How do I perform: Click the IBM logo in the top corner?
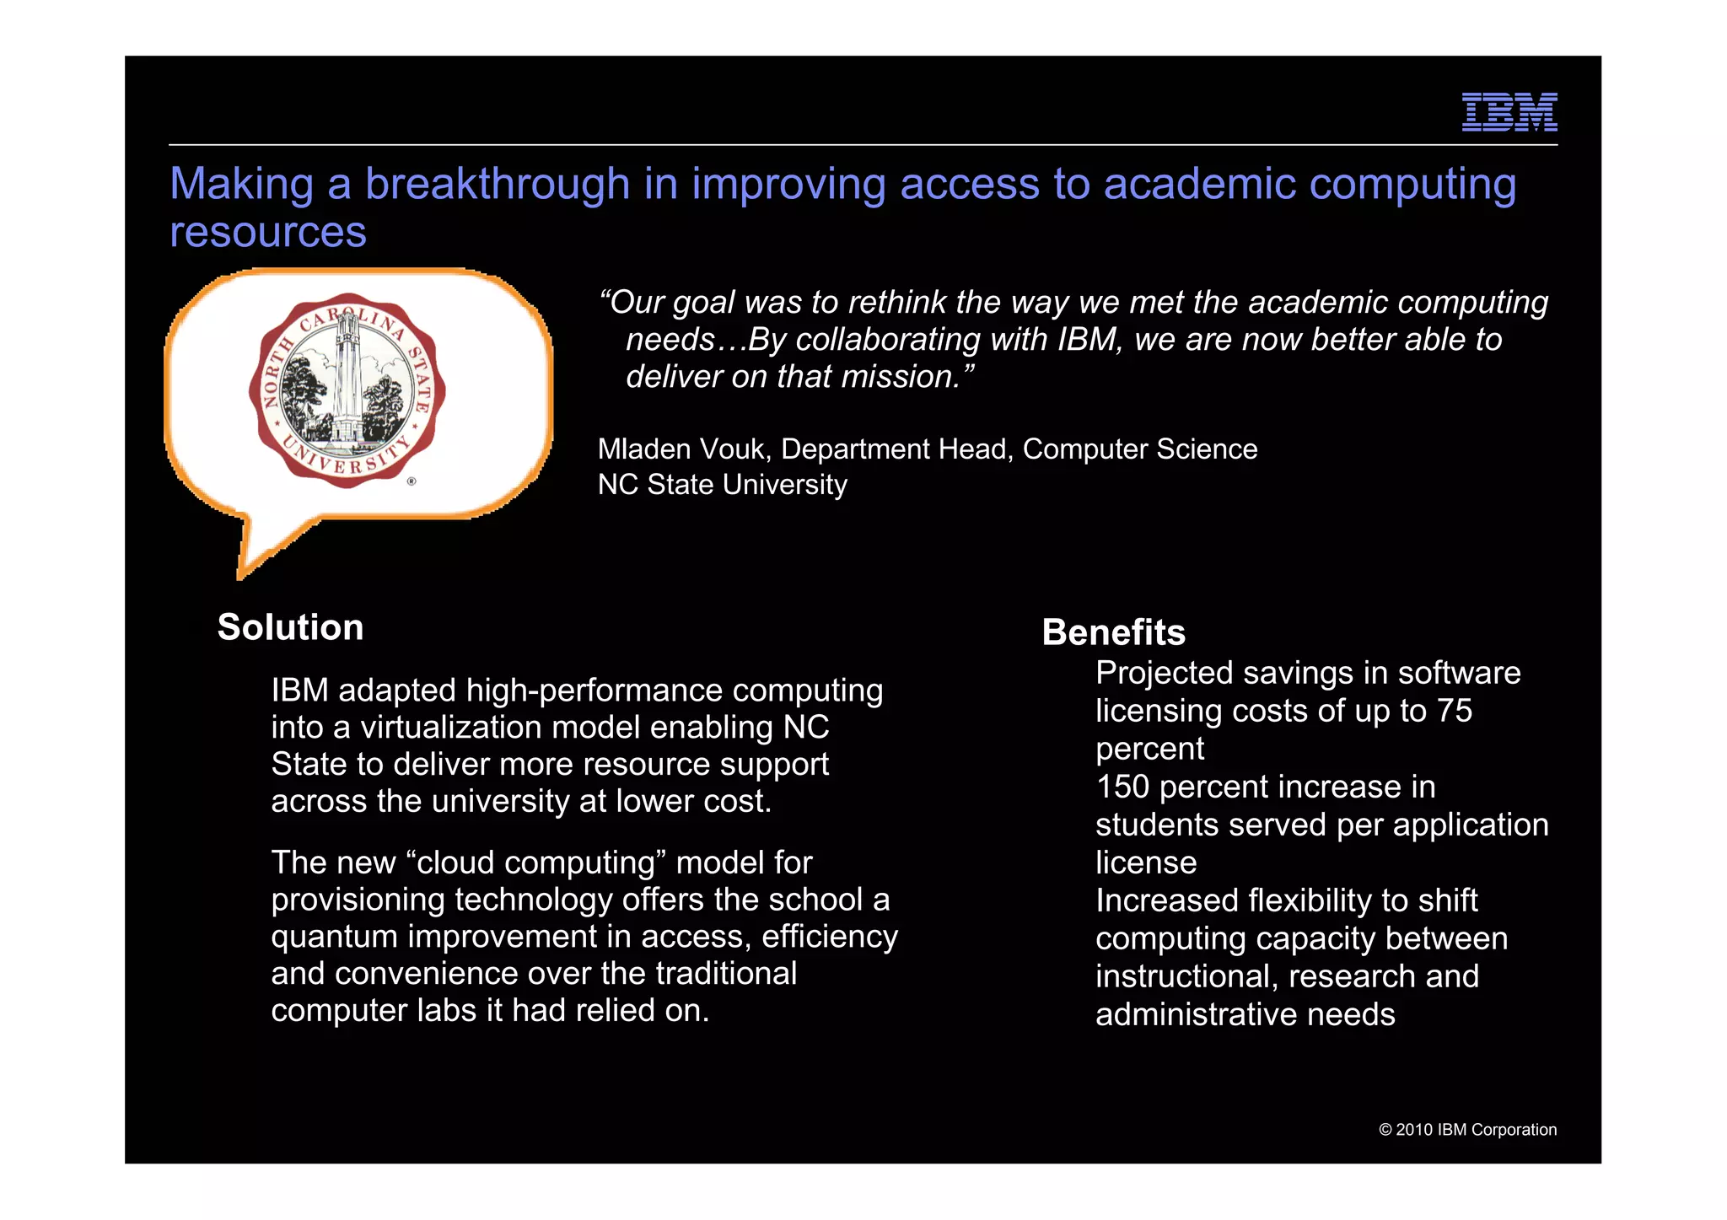pyautogui.click(x=1509, y=112)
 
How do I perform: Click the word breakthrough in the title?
pyautogui.click(x=497, y=184)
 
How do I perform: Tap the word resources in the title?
pyautogui.click(x=268, y=232)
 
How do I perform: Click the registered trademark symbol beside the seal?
pyautogui.click(x=412, y=481)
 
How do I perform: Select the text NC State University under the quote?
pyautogui.click(x=722, y=485)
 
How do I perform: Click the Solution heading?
pyautogui.click(x=290, y=627)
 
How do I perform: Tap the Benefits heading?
pyautogui.click(x=1113, y=632)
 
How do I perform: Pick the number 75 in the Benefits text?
pyautogui.click(x=1455, y=711)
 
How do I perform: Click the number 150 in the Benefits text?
pyautogui.click(x=1122, y=787)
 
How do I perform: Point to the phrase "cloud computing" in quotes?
pyautogui.click(x=536, y=863)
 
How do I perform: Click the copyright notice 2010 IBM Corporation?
pyautogui.click(x=1467, y=1130)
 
